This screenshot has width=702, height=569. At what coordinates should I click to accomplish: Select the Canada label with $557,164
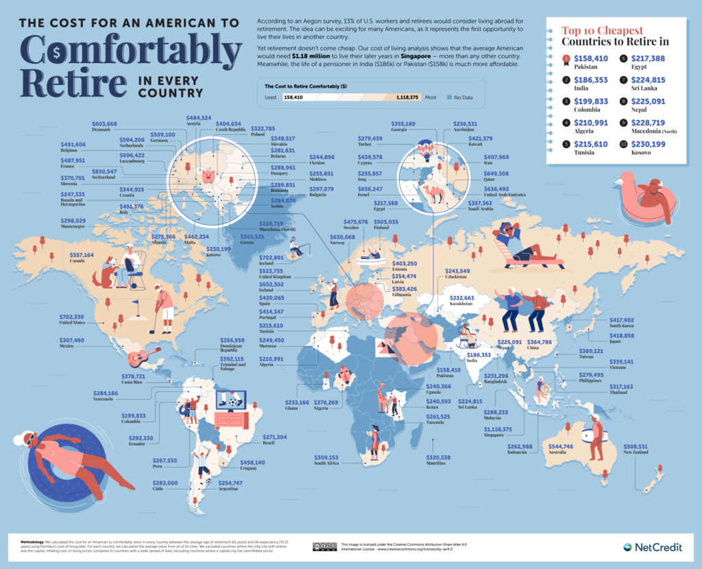click(86, 258)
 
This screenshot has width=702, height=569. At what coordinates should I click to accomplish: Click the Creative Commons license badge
click(324, 546)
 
